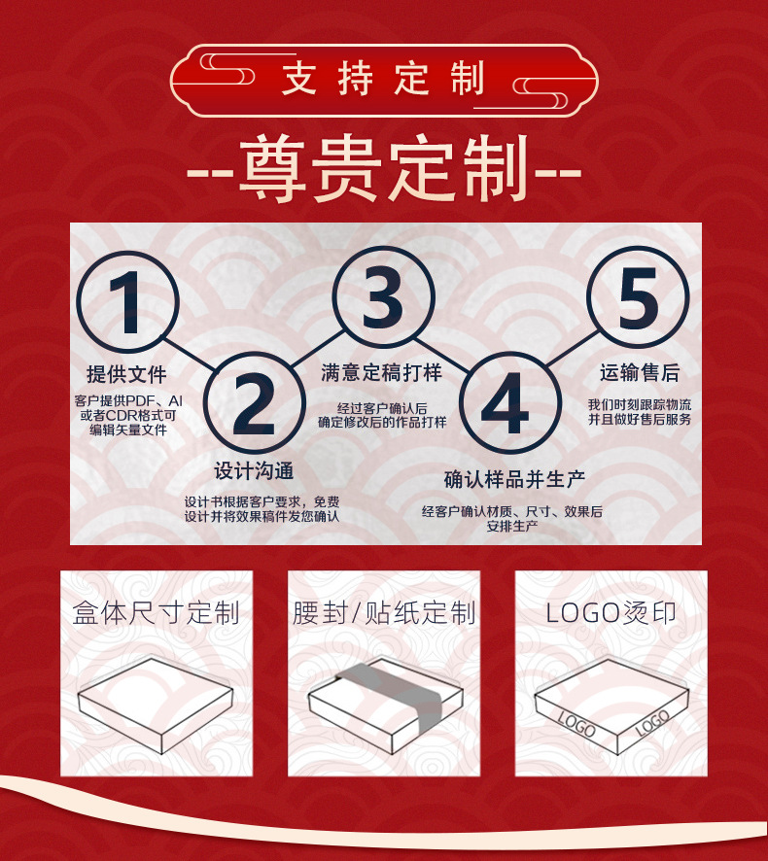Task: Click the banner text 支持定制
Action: coord(383,80)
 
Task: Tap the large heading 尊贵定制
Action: coord(383,172)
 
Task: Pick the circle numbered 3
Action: coord(382,296)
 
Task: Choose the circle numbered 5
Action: coord(638,296)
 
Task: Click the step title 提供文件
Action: coord(126,374)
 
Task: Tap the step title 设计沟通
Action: coord(254,471)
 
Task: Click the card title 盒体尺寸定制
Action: coord(156,613)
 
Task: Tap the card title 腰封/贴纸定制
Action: coord(384,613)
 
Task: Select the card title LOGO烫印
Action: coord(611,613)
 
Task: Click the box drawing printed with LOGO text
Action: coord(611,708)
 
